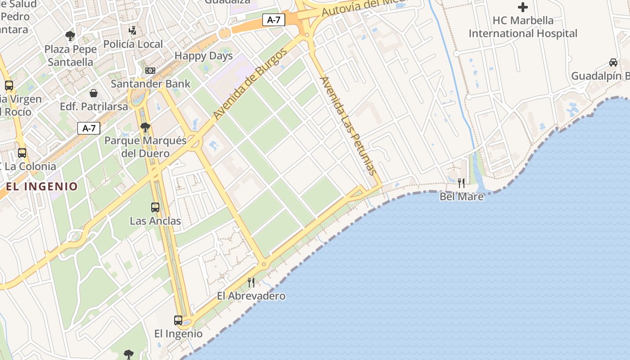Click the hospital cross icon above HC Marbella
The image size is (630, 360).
[x=522, y=7]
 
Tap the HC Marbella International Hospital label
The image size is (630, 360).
[x=522, y=27]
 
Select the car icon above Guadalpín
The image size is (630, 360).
[x=613, y=63]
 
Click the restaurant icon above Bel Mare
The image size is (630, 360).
[x=461, y=183]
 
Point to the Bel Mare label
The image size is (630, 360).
[x=461, y=197]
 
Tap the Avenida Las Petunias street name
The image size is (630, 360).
[x=347, y=126]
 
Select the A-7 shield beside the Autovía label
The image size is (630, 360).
[x=274, y=20]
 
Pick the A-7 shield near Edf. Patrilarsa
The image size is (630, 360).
[x=89, y=128]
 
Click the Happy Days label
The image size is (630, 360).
[x=203, y=56]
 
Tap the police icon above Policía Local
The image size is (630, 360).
[x=132, y=31]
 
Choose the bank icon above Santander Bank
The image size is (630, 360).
[x=150, y=71]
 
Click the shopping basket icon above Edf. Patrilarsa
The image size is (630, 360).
[x=94, y=93]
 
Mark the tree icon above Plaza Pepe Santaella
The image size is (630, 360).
[x=70, y=36]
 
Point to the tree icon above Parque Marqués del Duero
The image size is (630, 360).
[x=145, y=127]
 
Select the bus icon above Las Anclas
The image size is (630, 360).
[x=155, y=207]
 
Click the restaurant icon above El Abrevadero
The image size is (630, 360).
[x=251, y=283]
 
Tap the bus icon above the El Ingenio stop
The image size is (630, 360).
[x=178, y=320]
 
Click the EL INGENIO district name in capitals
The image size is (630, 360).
[x=42, y=186]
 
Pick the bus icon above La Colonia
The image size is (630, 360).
[x=22, y=153]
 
